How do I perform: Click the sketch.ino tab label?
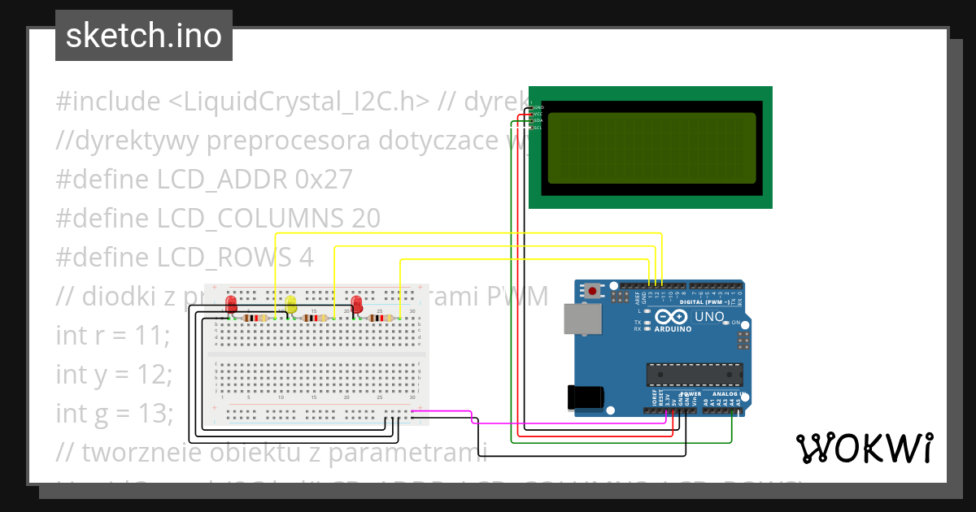point(143,36)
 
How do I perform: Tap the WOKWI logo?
point(864,448)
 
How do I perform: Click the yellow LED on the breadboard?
point(291,306)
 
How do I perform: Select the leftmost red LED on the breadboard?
point(232,305)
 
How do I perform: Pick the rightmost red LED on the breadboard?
point(356,305)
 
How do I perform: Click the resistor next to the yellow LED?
point(316,318)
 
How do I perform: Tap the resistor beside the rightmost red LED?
point(380,318)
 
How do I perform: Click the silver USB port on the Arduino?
point(582,319)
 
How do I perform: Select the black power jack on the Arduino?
point(585,397)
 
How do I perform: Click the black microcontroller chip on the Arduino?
point(695,374)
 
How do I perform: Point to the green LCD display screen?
point(651,148)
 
